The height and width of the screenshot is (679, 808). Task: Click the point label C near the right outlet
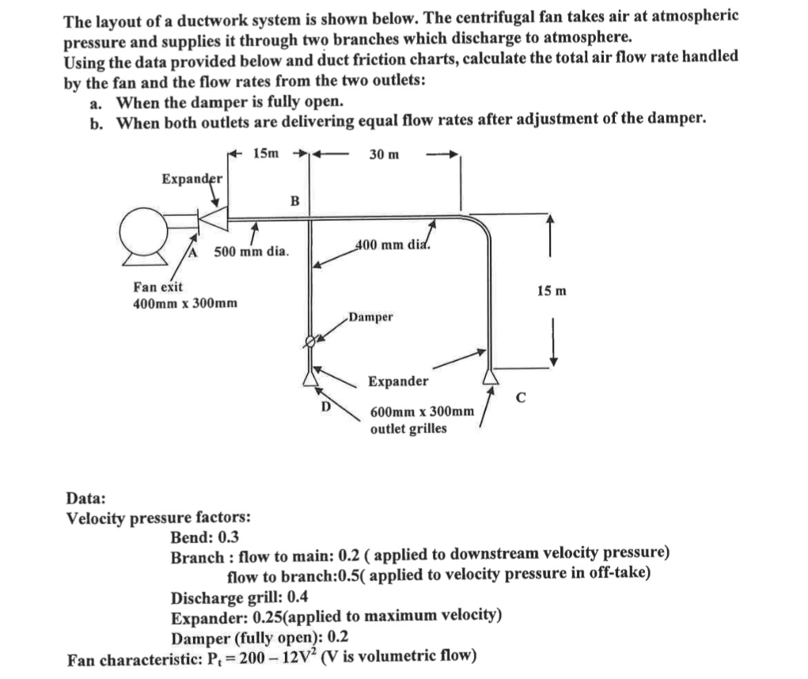[x=519, y=397]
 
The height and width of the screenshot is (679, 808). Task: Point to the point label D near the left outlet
[x=324, y=407]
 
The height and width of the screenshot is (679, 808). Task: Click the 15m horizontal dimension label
[x=266, y=154]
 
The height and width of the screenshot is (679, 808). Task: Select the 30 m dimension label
[x=384, y=154]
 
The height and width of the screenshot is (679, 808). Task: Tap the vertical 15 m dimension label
[x=552, y=291]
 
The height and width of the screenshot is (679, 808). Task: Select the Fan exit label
[x=158, y=287]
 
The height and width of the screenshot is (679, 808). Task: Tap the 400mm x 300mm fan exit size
[x=185, y=303]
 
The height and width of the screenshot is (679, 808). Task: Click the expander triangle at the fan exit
[x=213, y=214]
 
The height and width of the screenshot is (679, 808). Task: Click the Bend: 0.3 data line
[x=205, y=537]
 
